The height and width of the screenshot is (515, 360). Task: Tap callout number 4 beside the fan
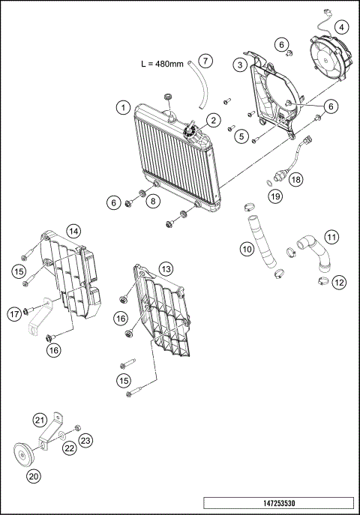click(x=342, y=27)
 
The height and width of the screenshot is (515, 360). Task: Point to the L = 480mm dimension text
click(x=163, y=64)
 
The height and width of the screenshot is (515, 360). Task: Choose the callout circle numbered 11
click(x=331, y=241)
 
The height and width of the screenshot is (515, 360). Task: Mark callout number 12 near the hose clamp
click(x=339, y=283)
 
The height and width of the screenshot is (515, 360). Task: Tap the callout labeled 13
click(x=165, y=268)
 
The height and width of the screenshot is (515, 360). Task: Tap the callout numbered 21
click(x=40, y=419)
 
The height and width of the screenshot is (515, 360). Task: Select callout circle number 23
click(x=85, y=441)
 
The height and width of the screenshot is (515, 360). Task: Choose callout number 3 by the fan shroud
click(x=239, y=66)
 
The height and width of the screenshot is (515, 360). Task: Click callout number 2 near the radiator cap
click(x=213, y=120)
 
